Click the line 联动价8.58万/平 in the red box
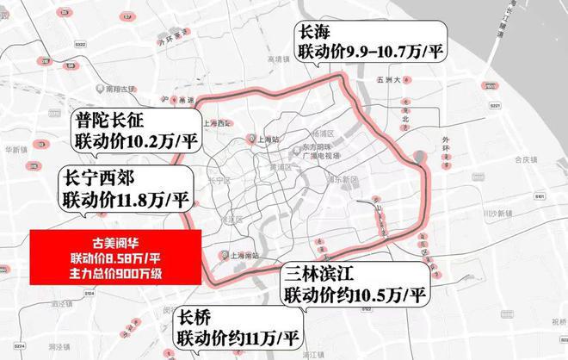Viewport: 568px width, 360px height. (x=115, y=258)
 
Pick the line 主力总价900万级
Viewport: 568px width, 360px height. (x=115, y=273)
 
